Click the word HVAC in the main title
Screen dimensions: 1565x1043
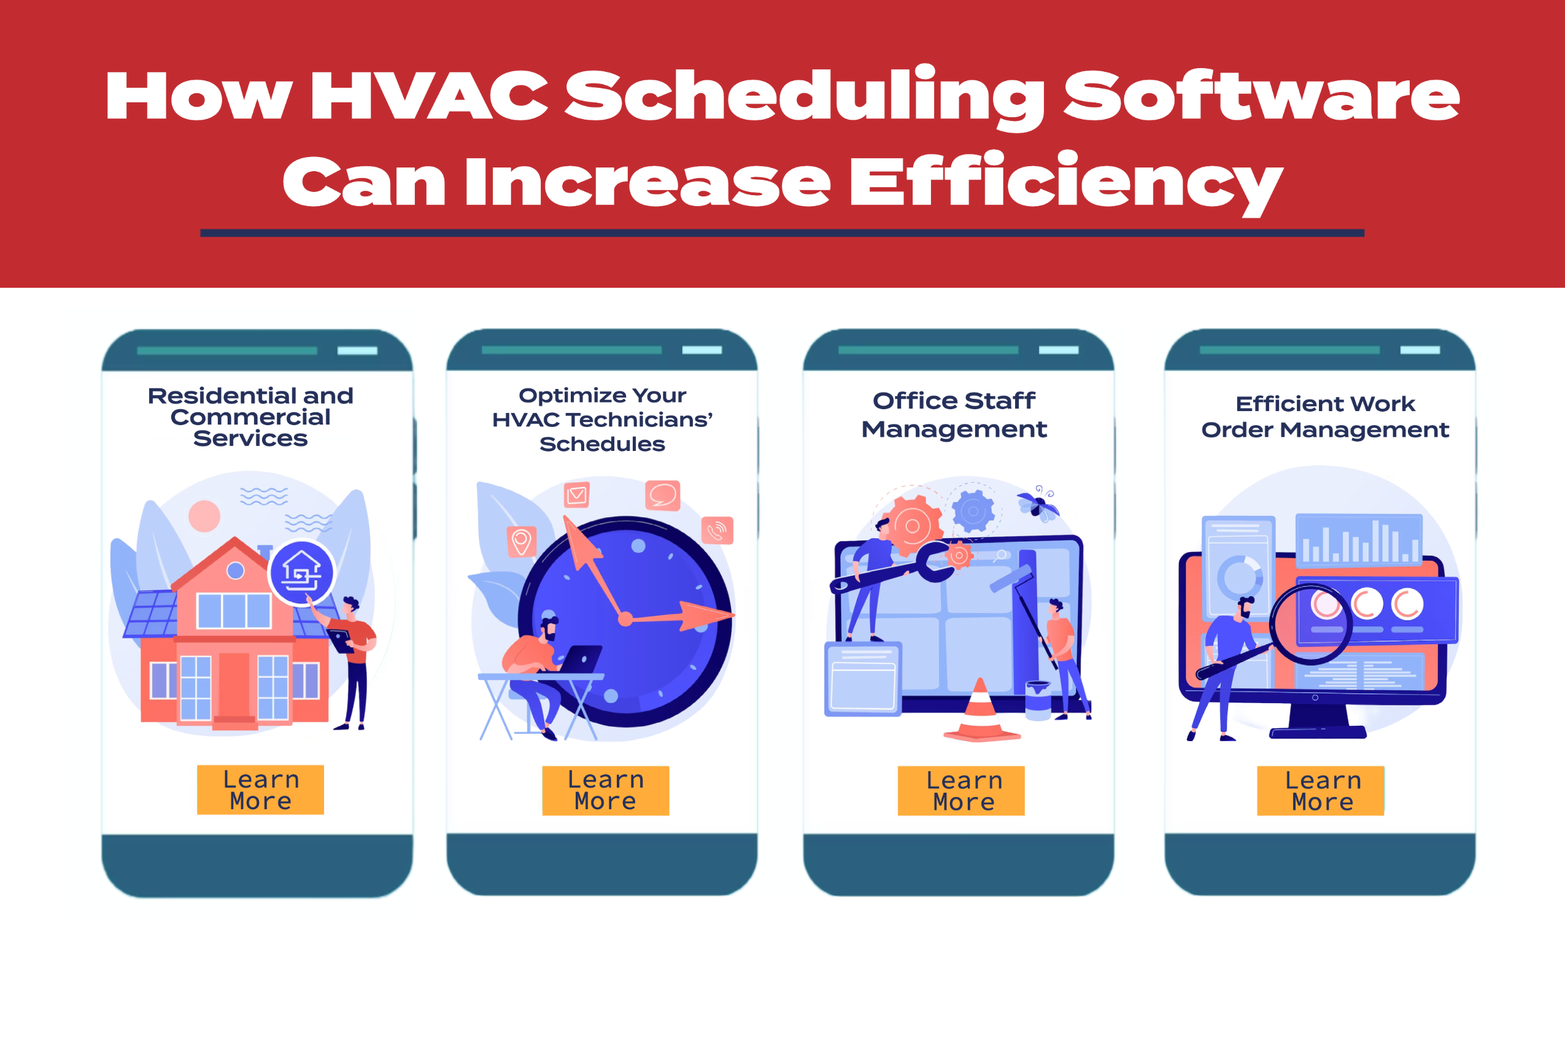click(428, 96)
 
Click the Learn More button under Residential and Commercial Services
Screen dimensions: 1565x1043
click(260, 790)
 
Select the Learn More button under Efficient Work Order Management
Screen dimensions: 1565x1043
click(1320, 790)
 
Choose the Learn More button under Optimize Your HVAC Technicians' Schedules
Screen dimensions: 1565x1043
click(606, 790)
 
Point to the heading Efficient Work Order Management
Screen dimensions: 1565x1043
click(1325, 417)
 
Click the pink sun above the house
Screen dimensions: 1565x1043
click(204, 516)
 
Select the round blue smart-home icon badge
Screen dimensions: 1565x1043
click(301, 572)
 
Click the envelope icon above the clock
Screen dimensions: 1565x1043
click(577, 495)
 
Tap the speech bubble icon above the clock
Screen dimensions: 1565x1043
click(663, 496)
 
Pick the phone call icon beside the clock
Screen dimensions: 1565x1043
click(717, 531)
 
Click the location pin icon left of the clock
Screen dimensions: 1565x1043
click(522, 542)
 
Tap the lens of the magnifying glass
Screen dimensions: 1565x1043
click(1310, 624)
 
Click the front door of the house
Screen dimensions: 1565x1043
click(234, 687)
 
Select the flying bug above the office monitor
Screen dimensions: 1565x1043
click(1037, 504)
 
